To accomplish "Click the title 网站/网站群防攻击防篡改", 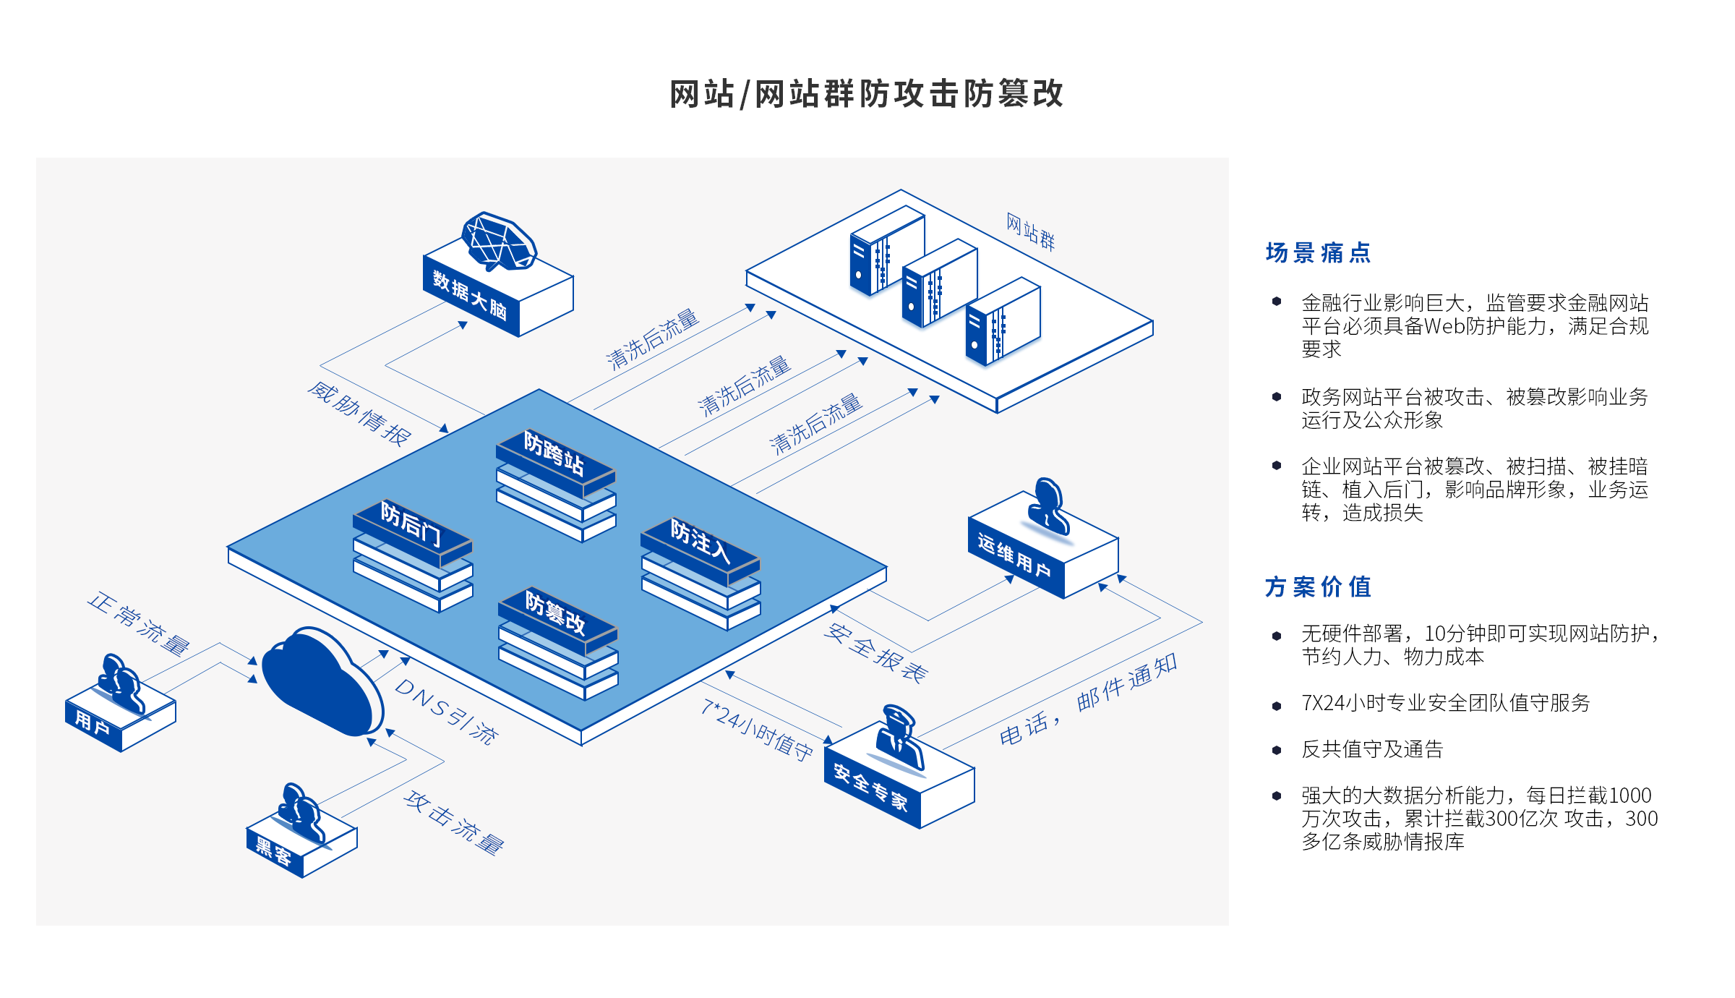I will click(x=866, y=94).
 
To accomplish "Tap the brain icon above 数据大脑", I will click(x=499, y=242).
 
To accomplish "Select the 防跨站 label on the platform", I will click(x=554, y=454).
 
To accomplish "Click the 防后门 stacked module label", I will click(x=411, y=524).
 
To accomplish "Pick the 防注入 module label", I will click(x=700, y=541).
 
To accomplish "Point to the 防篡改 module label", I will click(x=555, y=613).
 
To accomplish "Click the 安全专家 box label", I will click(x=870, y=787).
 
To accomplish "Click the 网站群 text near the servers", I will click(x=1031, y=231).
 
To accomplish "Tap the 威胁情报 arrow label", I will click(x=359, y=414).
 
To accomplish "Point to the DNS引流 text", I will click(x=447, y=712).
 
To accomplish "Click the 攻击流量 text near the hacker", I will click(x=454, y=823).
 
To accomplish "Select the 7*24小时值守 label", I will click(x=757, y=730).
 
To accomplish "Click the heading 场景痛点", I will click(x=1318, y=253).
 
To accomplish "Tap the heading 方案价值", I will click(x=1318, y=587).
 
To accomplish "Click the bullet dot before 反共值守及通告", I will click(x=1277, y=750).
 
